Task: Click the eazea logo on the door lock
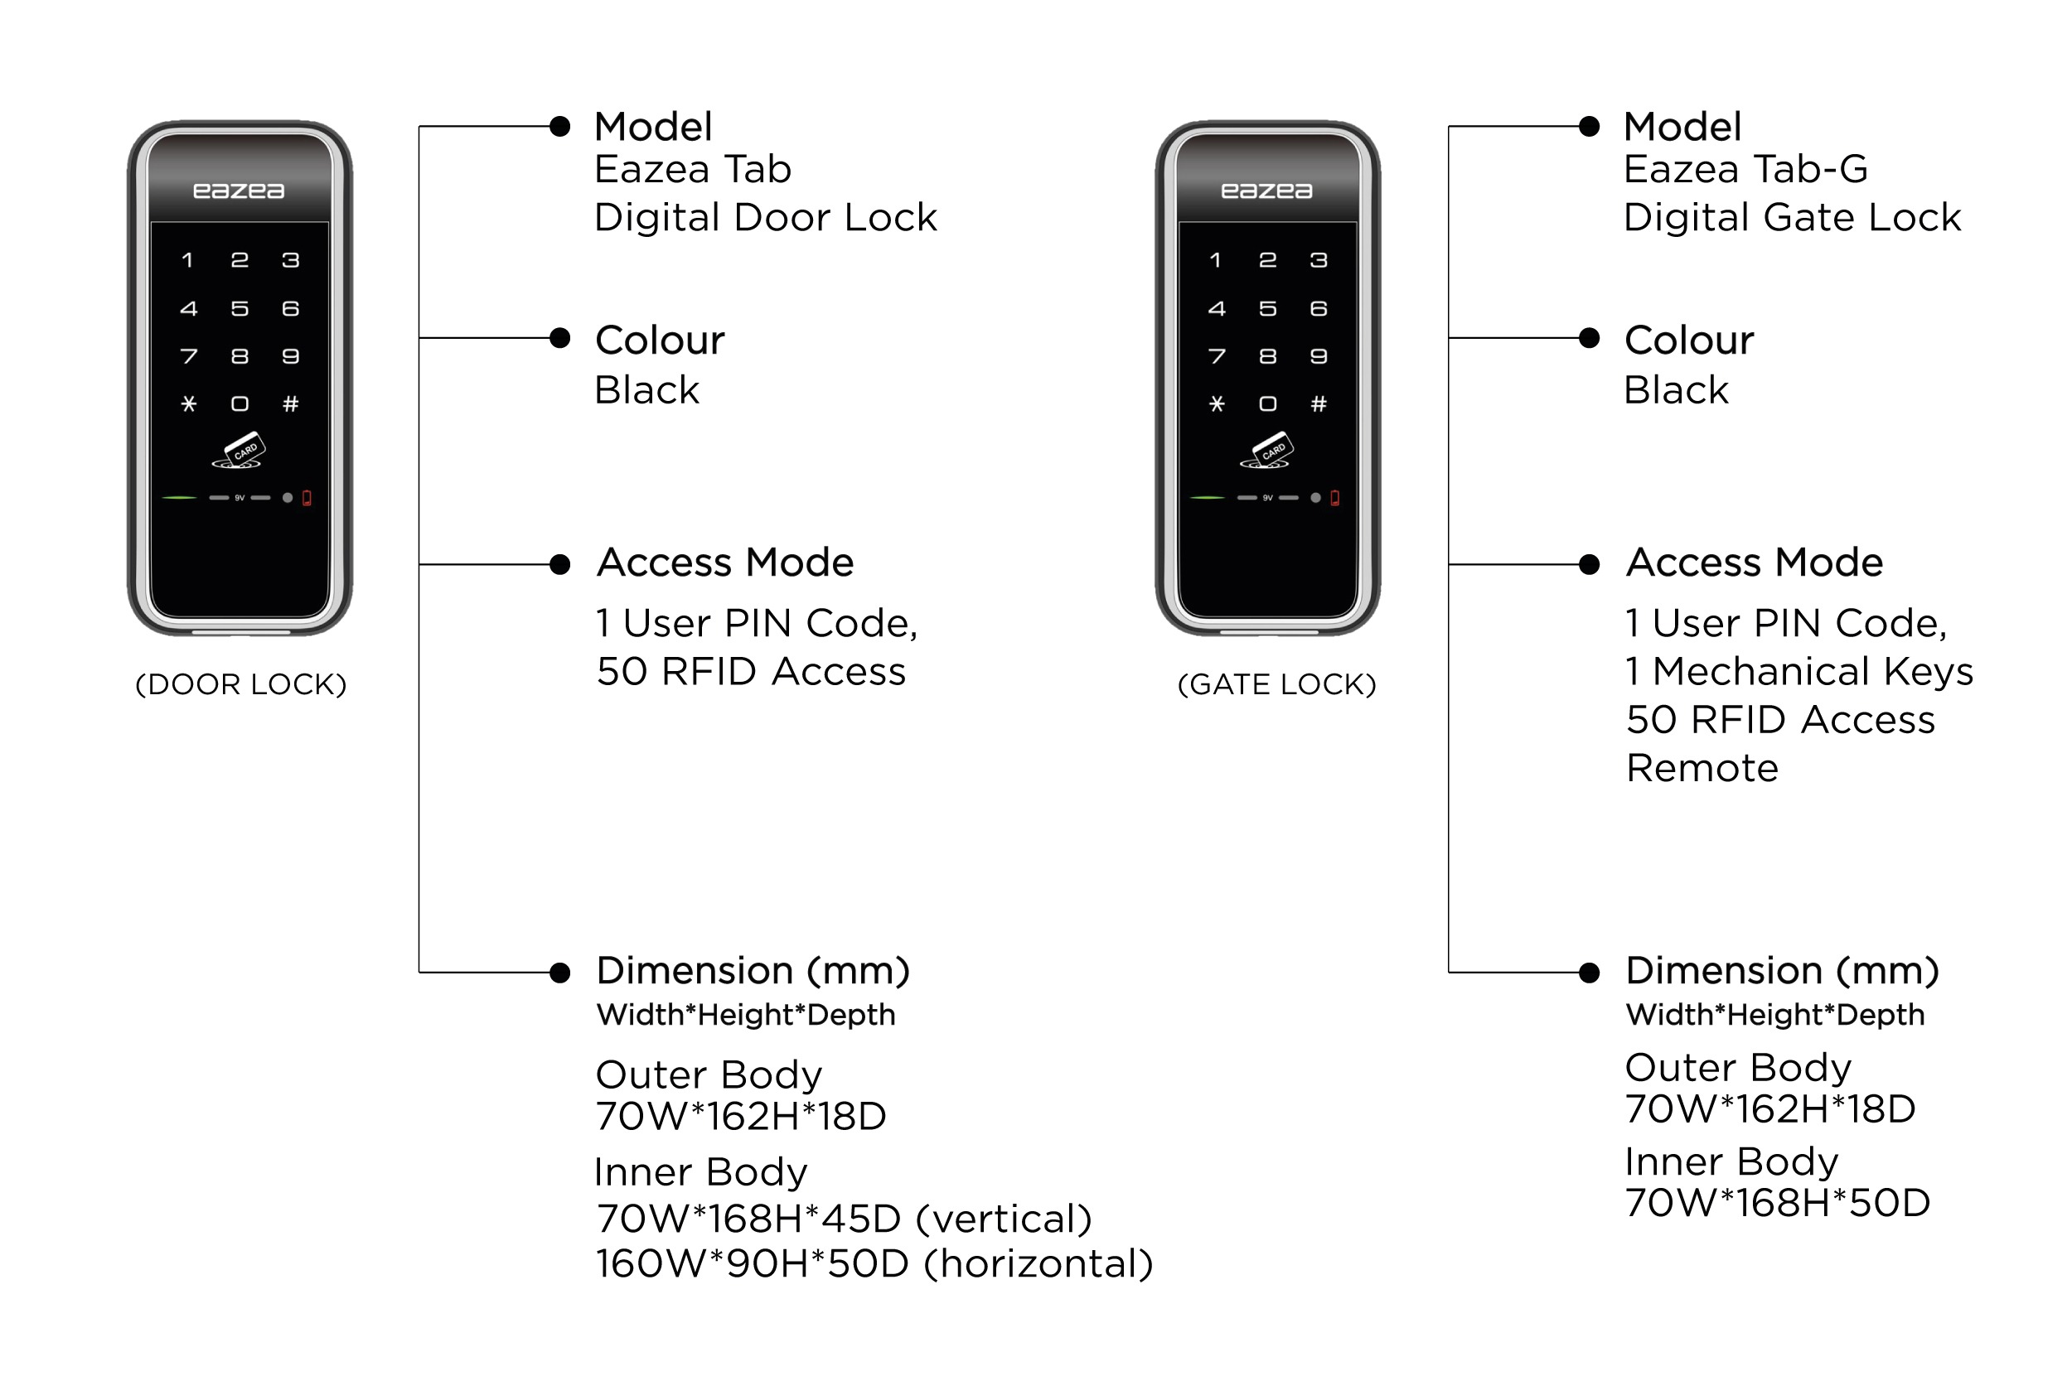(x=239, y=191)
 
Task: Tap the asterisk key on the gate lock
(x=1217, y=403)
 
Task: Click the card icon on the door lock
(x=239, y=450)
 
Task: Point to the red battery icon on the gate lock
(x=1334, y=498)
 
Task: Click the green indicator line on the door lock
(x=180, y=498)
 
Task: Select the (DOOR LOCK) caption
(x=240, y=684)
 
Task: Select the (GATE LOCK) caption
(x=1276, y=684)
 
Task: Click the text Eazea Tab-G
(x=1745, y=169)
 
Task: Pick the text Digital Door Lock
(x=766, y=218)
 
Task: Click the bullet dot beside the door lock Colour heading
(x=559, y=338)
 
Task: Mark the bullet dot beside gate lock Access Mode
(x=1590, y=564)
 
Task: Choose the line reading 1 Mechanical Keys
(x=1798, y=672)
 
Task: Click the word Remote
(x=1702, y=768)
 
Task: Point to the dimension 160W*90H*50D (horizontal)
(x=874, y=1264)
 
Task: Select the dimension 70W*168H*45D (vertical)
(x=844, y=1219)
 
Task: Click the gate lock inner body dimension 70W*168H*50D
(x=1777, y=1202)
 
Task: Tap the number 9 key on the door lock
(x=291, y=356)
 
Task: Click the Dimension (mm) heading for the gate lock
(x=1782, y=971)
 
